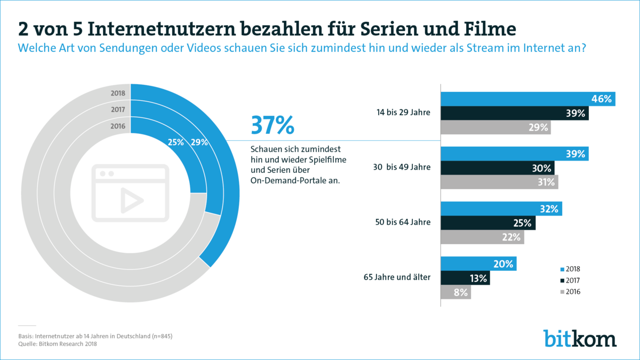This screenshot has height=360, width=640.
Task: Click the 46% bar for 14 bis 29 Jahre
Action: tap(527, 99)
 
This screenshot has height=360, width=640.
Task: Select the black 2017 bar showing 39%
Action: tap(514, 113)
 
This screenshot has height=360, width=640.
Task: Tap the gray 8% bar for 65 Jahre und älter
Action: tap(455, 292)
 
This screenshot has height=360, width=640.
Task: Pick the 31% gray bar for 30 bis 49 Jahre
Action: tap(499, 182)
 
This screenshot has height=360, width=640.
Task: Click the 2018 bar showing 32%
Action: tap(501, 209)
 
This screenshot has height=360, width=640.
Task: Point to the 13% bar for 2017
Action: tap(465, 278)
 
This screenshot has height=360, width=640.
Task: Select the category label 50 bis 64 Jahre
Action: tap(403, 222)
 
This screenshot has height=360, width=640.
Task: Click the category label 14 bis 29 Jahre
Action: tap(403, 113)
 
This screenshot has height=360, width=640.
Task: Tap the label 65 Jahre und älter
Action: tap(397, 277)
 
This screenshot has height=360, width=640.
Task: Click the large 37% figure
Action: tap(272, 126)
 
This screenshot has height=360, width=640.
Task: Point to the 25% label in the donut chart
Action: tap(175, 142)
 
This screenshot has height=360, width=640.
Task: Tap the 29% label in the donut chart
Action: tap(199, 142)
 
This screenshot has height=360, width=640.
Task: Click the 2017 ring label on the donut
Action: tap(118, 110)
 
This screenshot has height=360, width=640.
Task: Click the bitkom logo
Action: tap(580, 338)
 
